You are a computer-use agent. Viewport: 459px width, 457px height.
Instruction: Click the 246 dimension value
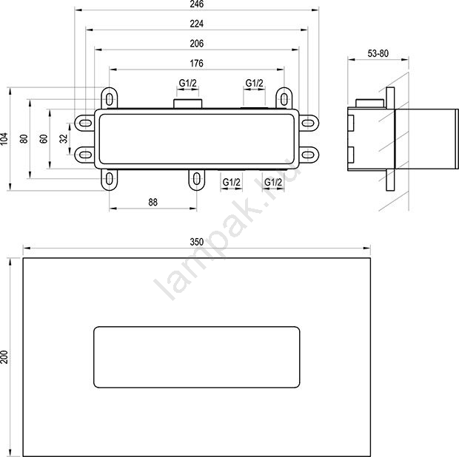click(196, 4)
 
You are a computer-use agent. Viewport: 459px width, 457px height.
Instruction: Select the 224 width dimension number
click(196, 24)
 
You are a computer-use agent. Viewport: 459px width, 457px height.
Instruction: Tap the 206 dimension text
click(196, 44)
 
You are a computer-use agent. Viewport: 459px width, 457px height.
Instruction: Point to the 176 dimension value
click(196, 63)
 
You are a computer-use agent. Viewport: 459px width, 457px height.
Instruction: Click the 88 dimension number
click(153, 202)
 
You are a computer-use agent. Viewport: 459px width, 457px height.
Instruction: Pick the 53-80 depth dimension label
click(378, 53)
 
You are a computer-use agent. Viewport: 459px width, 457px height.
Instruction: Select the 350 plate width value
click(196, 242)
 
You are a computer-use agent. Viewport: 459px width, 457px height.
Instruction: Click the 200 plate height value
click(4, 357)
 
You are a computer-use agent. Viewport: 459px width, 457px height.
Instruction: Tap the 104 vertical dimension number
click(4, 138)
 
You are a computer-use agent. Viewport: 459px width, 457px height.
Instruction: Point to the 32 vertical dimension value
click(64, 138)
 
